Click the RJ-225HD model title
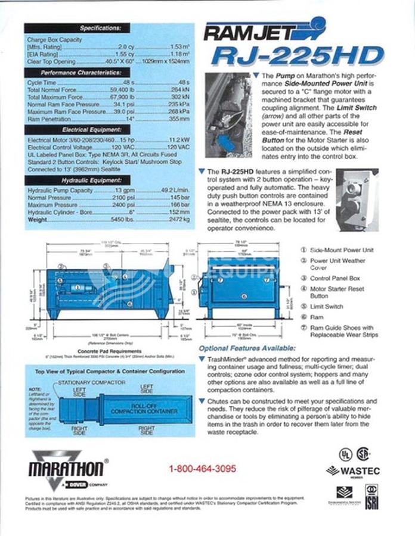click(x=296, y=57)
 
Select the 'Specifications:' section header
click(x=104, y=28)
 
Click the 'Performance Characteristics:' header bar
click(x=104, y=72)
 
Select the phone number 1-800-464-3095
click(x=202, y=469)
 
